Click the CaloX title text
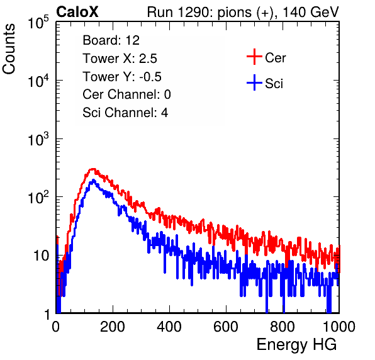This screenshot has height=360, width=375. pyautogui.click(x=77, y=12)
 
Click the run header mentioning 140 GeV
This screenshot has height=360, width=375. pyautogui.click(x=243, y=12)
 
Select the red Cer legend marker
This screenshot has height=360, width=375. pyautogui.click(x=254, y=57)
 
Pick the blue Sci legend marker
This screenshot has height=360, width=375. pyautogui.click(x=254, y=82)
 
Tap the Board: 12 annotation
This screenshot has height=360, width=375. pyautogui.click(x=111, y=40)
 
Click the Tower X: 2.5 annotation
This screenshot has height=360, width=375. pyautogui.click(x=120, y=59)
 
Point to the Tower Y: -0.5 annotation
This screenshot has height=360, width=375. pyautogui.click(x=122, y=77)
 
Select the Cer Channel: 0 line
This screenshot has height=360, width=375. pyautogui.click(x=126, y=94)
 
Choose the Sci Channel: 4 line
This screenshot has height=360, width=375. pyautogui.click(x=125, y=113)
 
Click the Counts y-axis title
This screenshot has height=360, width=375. pyautogui.click(x=9, y=49)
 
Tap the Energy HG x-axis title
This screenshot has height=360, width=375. pyautogui.click(x=296, y=345)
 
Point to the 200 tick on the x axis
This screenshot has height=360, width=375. pyautogui.click(x=113, y=327)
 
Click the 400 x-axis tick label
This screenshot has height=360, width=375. pyautogui.click(x=169, y=327)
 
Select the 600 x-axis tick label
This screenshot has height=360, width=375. pyautogui.click(x=226, y=327)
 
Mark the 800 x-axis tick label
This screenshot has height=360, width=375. pyautogui.click(x=283, y=327)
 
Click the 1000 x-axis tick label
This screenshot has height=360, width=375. pyautogui.click(x=339, y=327)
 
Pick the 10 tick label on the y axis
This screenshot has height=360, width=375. pyautogui.click(x=41, y=256)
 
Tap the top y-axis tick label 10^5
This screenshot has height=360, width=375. pyautogui.click(x=38, y=22)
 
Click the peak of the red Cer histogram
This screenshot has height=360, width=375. pyautogui.click(x=92, y=169)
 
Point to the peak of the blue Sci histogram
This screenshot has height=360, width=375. pyautogui.click(x=93, y=180)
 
